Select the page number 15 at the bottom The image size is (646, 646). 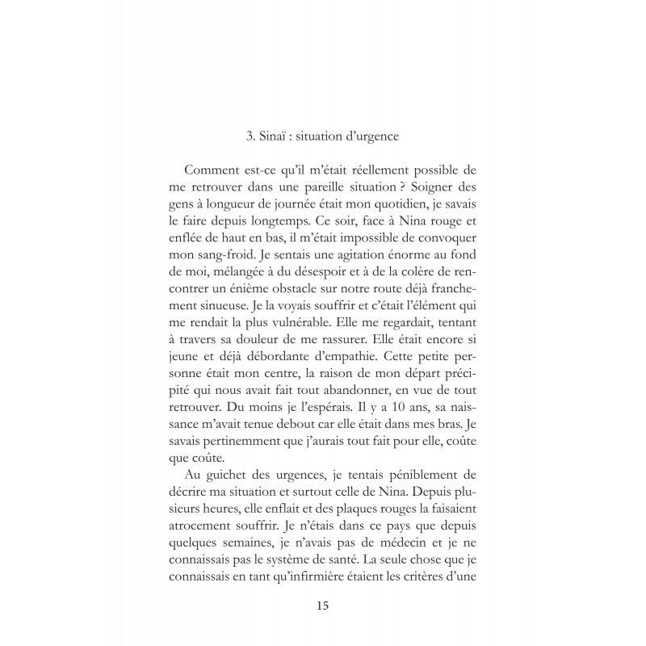[x=322, y=604]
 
